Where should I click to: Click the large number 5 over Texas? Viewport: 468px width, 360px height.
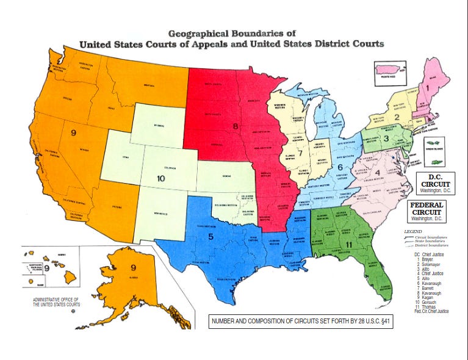tap(211, 237)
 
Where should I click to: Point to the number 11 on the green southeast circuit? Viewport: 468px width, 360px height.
tap(349, 245)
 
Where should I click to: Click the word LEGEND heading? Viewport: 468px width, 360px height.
tap(413, 232)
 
